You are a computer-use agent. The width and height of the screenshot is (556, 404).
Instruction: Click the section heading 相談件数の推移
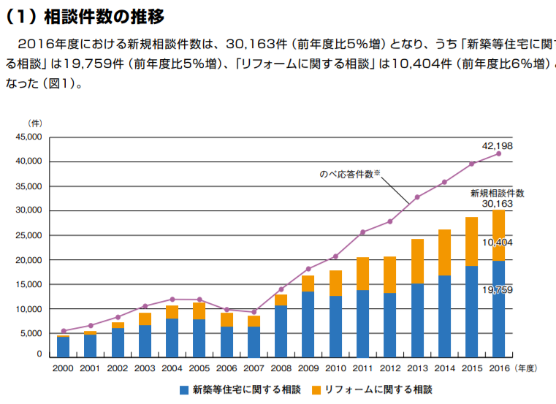point(102,14)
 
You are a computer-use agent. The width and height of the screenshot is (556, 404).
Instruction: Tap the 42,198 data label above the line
point(498,145)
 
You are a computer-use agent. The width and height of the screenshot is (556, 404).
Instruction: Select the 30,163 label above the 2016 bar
point(498,204)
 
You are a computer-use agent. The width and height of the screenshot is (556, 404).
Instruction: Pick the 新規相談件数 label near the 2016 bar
point(497,193)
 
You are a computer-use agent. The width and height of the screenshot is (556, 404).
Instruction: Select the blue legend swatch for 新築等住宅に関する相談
point(185,390)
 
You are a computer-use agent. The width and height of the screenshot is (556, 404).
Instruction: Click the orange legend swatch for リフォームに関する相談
point(317,390)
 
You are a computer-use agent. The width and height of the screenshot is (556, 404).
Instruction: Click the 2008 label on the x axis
point(281,369)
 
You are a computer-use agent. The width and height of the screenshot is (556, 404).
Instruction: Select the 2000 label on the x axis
point(64,369)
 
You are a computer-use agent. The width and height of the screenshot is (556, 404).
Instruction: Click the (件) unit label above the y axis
point(34,123)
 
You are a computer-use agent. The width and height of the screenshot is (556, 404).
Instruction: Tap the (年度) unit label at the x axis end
point(529,369)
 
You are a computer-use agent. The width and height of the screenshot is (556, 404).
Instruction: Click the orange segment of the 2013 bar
point(417,261)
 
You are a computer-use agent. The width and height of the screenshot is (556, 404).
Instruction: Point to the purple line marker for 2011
point(362,232)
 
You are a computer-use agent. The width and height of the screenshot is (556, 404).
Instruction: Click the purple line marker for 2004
point(172,300)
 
